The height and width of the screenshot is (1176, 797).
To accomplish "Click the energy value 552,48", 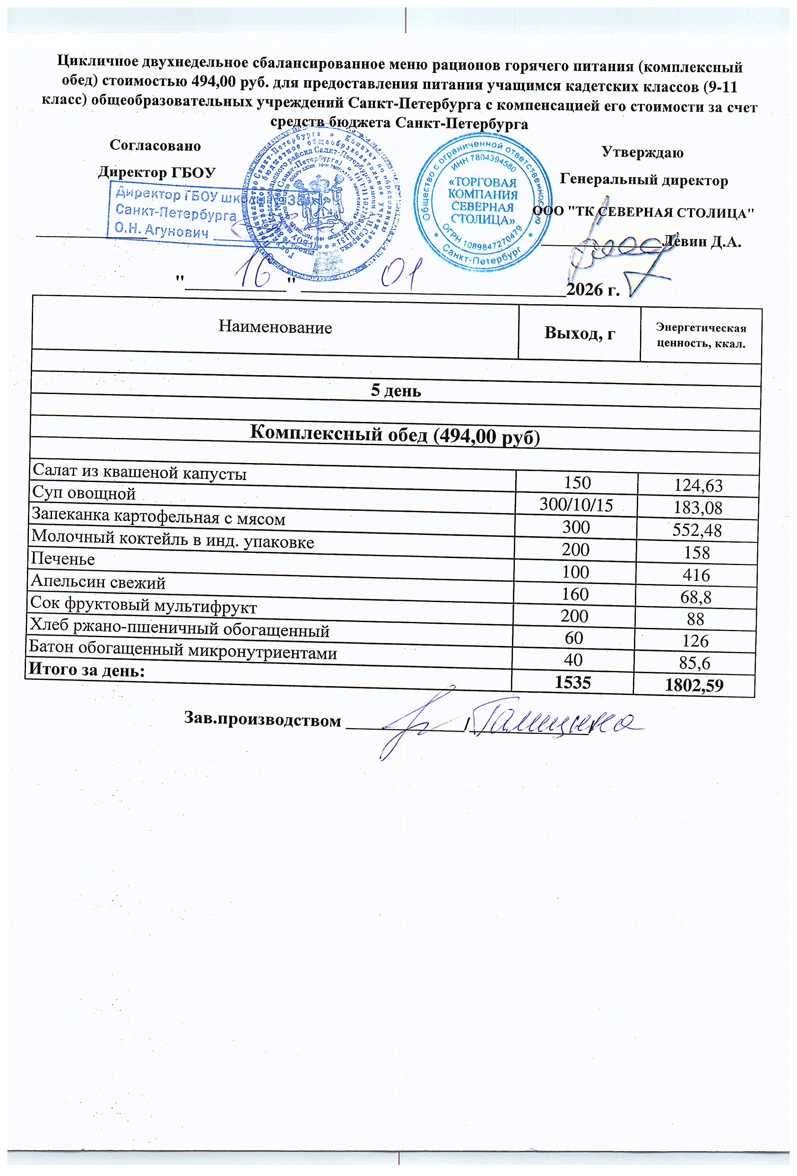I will coord(697,530).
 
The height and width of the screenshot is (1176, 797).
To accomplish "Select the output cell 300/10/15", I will coord(576,504).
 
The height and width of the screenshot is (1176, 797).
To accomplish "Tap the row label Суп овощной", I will coord(84,493).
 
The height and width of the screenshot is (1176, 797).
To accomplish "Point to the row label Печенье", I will coord(63,559).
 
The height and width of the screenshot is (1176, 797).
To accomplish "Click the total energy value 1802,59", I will coord(694,686).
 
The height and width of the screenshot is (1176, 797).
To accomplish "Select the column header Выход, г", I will coord(579,333).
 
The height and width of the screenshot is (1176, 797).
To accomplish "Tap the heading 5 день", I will coord(396,391).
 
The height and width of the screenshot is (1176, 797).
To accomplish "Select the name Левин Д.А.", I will coord(704,241).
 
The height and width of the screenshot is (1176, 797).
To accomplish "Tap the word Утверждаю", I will coord(642,152).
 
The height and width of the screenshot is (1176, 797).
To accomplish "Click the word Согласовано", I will coord(155,146).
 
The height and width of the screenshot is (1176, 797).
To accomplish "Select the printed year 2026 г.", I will coord(593,290).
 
